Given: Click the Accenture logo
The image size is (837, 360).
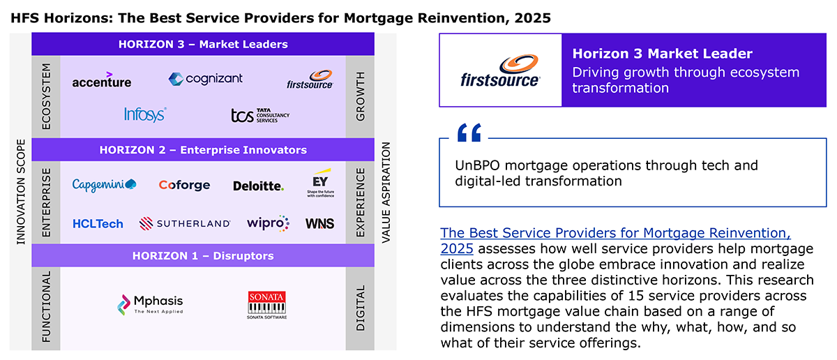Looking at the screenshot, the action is click(102, 80).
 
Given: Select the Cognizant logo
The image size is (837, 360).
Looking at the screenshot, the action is click(205, 79).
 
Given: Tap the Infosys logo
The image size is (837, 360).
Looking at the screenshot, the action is click(145, 114).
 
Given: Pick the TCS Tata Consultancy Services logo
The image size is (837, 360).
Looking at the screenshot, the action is click(260, 116).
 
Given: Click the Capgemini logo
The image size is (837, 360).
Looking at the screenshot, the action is click(104, 185).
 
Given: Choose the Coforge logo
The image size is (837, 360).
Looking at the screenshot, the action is click(184, 185).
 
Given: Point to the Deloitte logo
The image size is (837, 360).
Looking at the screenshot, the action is click(258, 186).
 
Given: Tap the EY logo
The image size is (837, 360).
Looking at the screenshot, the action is click(321, 183).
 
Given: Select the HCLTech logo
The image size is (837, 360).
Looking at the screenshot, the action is click(98, 224).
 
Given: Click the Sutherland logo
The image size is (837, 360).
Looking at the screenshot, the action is click(185, 223).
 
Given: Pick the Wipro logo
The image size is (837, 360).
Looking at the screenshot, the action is click(268, 223).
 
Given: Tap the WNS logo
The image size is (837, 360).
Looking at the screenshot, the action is click(320, 223).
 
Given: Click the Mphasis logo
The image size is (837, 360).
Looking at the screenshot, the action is click(150, 305).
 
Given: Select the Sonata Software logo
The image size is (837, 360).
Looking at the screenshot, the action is click(266, 305).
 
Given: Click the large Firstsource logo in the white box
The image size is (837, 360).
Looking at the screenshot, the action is click(500, 71).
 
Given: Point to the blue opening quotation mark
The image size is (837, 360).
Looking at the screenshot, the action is click(469, 133).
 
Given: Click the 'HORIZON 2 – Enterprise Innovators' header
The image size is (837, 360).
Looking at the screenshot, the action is click(203, 150).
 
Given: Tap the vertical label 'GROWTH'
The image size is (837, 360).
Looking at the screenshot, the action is click(360, 96).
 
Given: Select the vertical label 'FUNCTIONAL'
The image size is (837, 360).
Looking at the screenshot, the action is click(46, 307).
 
